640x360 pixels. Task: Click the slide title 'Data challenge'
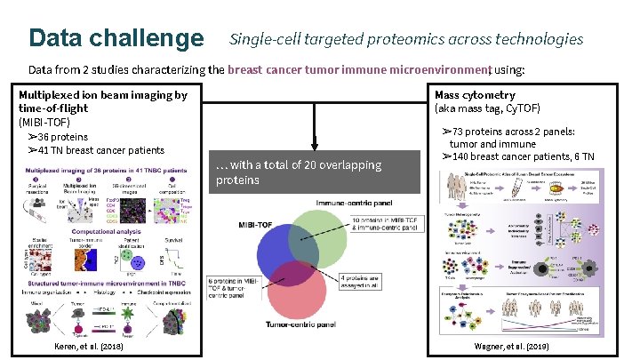(x=116, y=38)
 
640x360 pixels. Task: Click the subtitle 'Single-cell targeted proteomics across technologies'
(x=406, y=39)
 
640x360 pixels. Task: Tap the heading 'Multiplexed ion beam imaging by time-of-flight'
(x=103, y=101)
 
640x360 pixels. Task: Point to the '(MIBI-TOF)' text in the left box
(x=44, y=122)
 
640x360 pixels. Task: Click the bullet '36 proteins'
(x=59, y=137)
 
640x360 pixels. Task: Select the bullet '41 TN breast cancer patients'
(x=97, y=150)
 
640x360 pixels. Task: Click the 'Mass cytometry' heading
(x=475, y=95)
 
